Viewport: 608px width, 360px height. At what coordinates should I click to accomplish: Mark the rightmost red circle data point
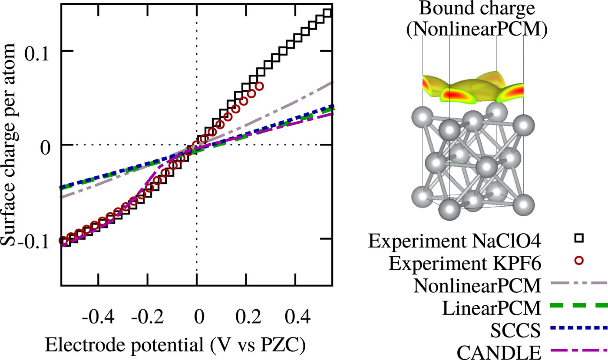point(260,86)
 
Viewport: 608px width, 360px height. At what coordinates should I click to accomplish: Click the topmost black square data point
point(328,13)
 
